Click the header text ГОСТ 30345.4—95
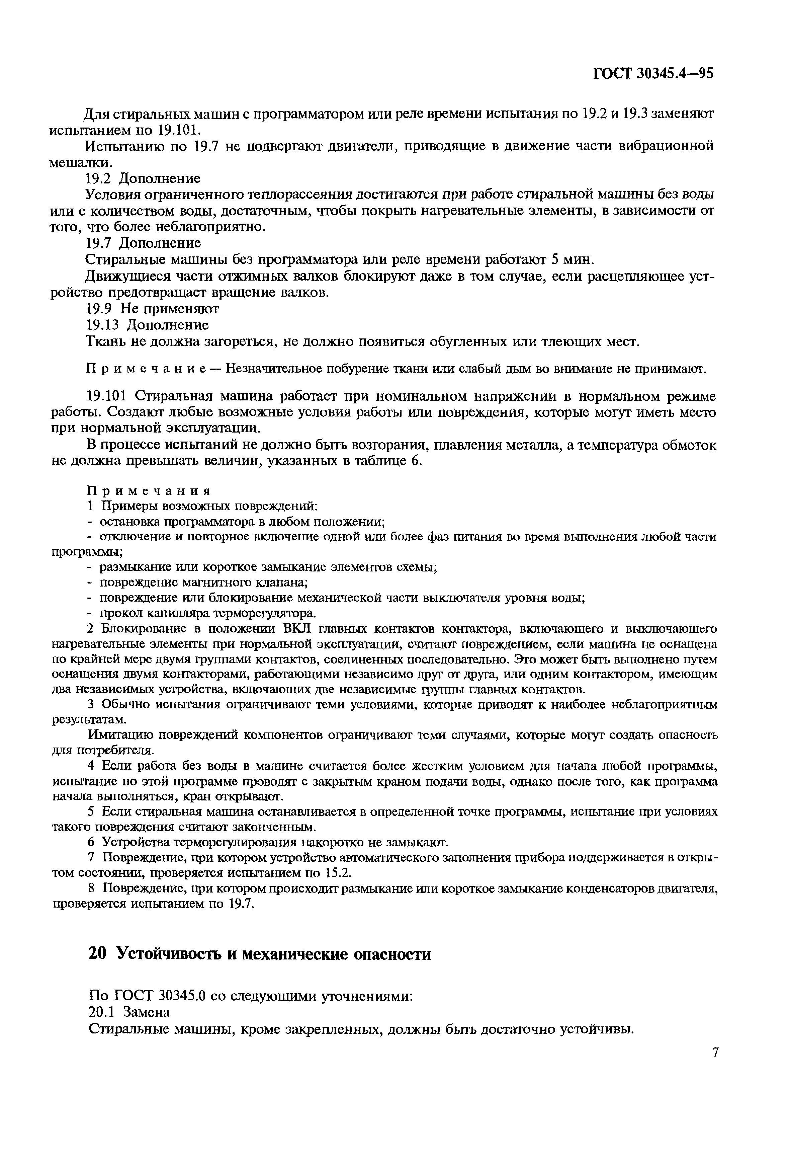click(x=652, y=74)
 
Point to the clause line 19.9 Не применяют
click(x=153, y=309)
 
